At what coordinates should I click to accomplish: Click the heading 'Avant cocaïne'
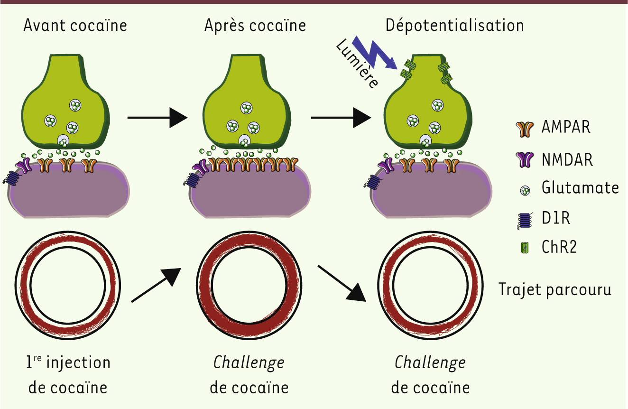coord(75,25)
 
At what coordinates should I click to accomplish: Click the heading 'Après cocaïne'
coord(255,25)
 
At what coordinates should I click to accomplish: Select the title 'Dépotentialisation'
coord(454,25)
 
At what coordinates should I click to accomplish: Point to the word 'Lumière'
coord(357,65)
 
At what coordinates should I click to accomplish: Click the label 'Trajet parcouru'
coord(555,289)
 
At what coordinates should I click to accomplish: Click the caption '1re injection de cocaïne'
coord(68,375)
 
